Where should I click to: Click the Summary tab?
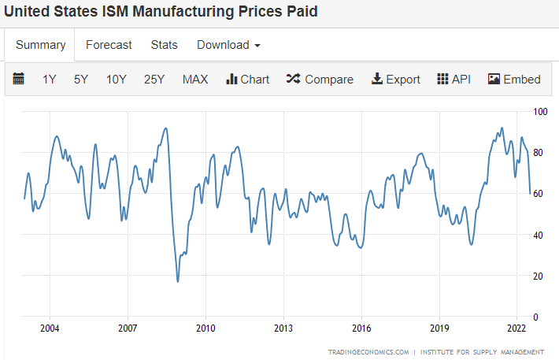tap(40, 45)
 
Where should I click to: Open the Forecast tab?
tap(109, 45)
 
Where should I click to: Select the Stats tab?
tap(165, 45)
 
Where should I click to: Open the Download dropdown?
tap(228, 45)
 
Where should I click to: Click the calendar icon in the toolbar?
tap(19, 79)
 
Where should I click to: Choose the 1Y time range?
tap(50, 79)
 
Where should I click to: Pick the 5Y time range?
tap(81, 79)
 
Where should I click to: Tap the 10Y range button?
tap(117, 79)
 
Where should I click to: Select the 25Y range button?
tap(154, 79)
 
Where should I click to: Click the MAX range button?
tap(195, 79)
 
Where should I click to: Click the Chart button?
tap(247, 79)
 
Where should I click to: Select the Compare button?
tap(320, 79)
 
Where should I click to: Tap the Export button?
tap(395, 79)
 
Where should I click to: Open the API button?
tap(453, 79)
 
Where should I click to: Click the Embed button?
tap(514, 79)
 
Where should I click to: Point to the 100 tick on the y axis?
tap(541, 112)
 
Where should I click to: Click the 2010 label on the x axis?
tap(205, 328)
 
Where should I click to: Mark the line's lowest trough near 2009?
tap(178, 281)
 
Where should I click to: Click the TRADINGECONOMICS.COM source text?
tap(368, 352)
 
